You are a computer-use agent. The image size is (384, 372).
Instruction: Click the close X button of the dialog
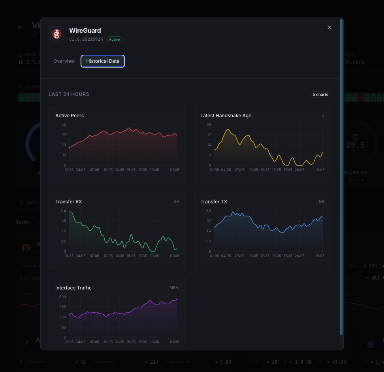pyautogui.click(x=329, y=27)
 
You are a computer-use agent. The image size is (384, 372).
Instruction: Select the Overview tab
pyautogui.click(x=64, y=61)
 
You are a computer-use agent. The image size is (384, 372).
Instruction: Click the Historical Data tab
pyautogui.click(x=103, y=61)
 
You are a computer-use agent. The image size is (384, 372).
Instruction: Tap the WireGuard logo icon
pyautogui.click(x=56, y=34)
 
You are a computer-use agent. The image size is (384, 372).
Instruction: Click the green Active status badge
pyautogui.click(x=114, y=39)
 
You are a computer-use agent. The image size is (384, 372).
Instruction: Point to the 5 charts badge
pyautogui.click(x=320, y=94)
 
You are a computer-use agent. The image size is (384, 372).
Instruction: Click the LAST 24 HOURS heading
pyautogui.click(x=69, y=94)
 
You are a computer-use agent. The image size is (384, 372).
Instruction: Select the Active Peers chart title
pyautogui.click(x=70, y=116)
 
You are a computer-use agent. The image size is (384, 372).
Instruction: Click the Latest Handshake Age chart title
pyautogui.click(x=226, y=116)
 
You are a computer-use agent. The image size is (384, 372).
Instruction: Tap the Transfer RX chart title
pyautogui.click(x=69, y=202)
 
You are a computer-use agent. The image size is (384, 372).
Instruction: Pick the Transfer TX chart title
pyautogui.click(x=214, y=202)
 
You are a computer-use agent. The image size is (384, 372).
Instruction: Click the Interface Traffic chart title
pyautogui.click(x=73, y=288)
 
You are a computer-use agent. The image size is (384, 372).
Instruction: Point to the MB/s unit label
pyautogui.click(x=174, y=288)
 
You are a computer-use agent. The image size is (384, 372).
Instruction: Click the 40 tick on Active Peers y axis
pyautogui.click(x=64, y=125)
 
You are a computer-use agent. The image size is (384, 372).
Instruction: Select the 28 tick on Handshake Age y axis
pyautogui.click(x=209, y=125)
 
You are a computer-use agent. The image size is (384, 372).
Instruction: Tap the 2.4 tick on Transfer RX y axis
pyautogui.click(x=63, y=211)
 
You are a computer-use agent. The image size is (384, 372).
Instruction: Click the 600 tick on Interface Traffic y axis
pyautogui.click(x=63, y=297)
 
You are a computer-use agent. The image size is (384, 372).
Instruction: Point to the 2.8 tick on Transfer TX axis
pyautogui.click(x=209, y=211)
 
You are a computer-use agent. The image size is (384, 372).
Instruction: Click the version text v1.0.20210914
pyautogui.click(x=86, y=39)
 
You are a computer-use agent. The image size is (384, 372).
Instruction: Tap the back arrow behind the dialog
pyautogui.click(x=20, y=28)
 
